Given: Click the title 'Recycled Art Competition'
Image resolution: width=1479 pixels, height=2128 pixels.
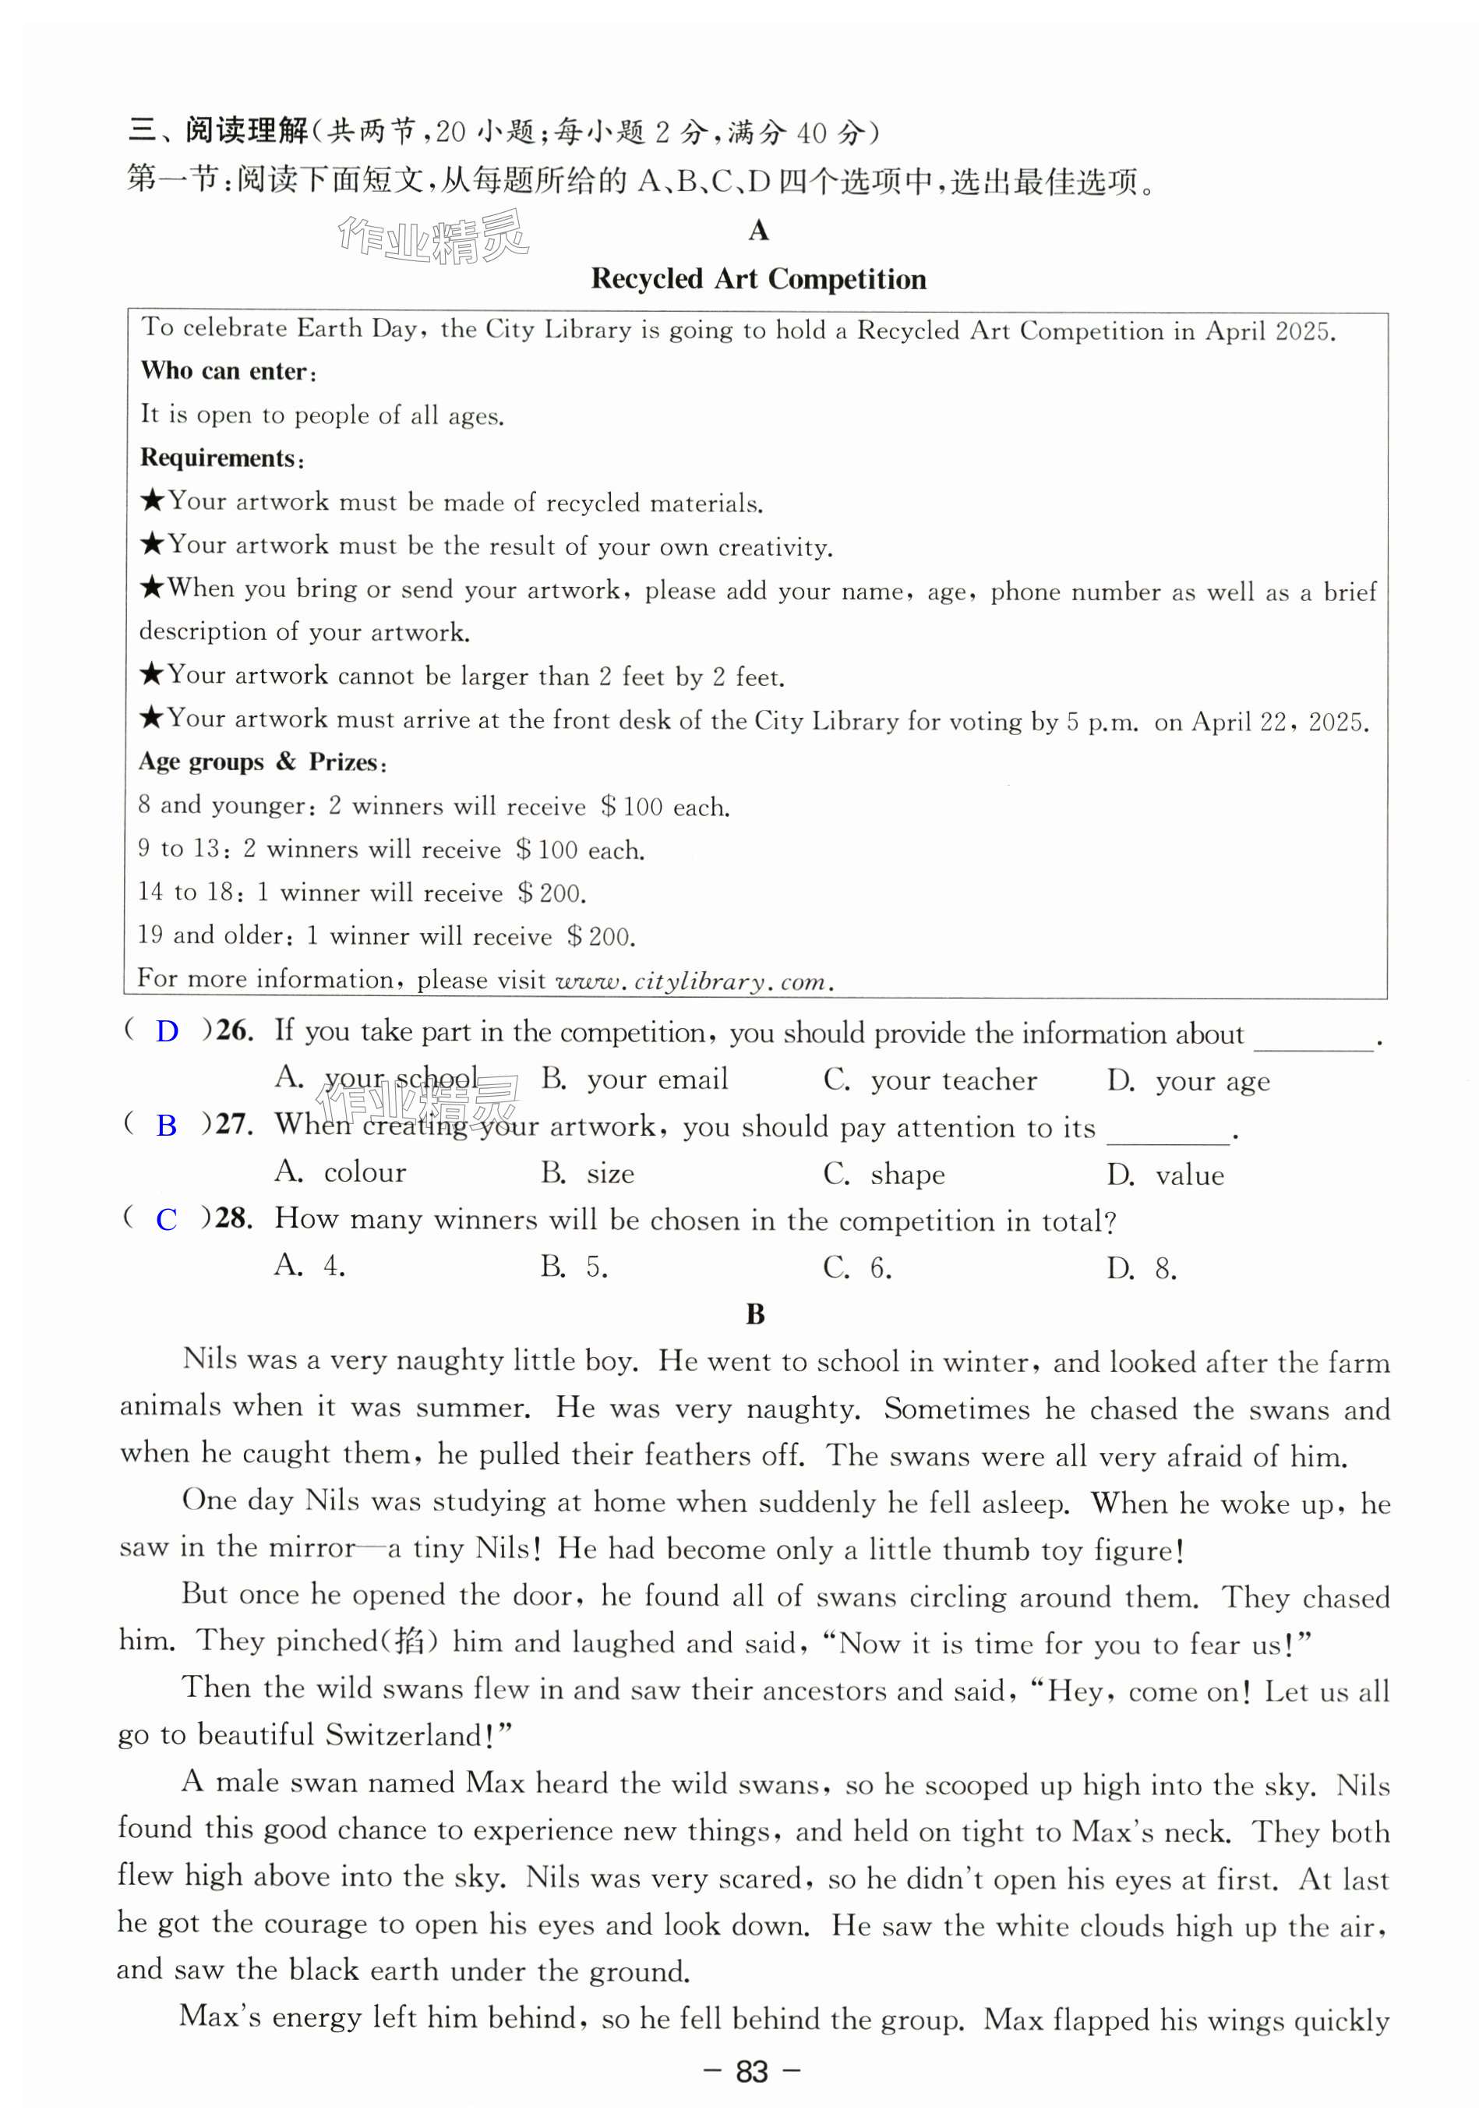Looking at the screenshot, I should tap(758, 279).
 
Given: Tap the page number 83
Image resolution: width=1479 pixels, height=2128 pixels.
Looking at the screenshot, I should tap(751, 2071).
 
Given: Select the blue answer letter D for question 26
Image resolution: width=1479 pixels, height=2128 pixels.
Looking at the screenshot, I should tap(167, 1031).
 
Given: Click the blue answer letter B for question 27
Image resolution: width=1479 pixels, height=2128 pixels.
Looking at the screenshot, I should tap(167, 1125).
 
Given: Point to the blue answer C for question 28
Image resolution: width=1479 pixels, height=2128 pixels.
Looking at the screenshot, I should tap(167, 1220).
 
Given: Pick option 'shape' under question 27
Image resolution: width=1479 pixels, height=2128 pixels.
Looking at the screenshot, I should tap(907, 1174).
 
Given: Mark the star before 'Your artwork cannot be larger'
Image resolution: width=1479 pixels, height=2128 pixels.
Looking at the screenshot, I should tap(152, 675).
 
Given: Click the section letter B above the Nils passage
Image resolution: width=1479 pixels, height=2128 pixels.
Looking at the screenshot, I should tap(755, 1314).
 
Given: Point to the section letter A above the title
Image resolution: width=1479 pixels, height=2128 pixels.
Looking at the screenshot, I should tap(758, 231).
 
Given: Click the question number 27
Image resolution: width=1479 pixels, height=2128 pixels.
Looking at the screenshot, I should tap(235, 1125).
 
